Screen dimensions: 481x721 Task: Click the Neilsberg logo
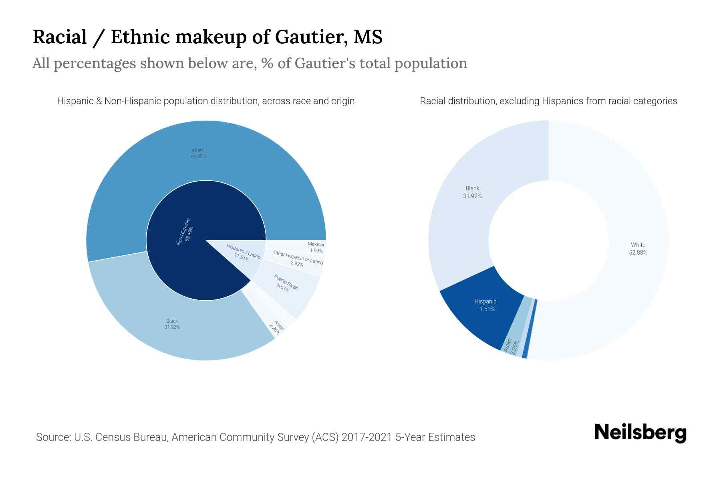[x=640, y=433]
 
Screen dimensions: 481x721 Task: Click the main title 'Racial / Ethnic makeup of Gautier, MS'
[x=207, y=37]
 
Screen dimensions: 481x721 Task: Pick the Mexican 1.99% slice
[x=304, y=247]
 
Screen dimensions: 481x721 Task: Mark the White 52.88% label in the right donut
[x=638, y=249]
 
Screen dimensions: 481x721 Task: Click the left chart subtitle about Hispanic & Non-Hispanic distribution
[x=206, y=101]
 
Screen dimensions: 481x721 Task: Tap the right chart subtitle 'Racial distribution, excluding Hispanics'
[x=548, y=101]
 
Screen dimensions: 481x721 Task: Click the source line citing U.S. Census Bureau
[x=256, y=437]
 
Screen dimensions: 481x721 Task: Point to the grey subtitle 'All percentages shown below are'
[x=250, y=63]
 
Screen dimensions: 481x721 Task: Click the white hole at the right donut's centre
[x=548, y=240]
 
